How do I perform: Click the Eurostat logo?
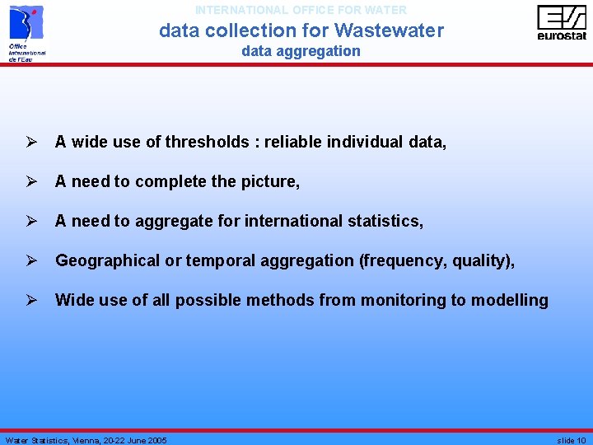click(562, 22)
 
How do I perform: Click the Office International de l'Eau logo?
click(26, 32)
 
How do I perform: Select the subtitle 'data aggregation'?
click(301, 51)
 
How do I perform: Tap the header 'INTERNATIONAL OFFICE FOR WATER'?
click(301, 11)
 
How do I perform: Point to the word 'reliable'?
click(292, 142)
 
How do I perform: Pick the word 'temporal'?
click(217, 260)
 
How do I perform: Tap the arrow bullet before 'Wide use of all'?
click(30, 300)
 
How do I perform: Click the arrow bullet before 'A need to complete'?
click(30, 181)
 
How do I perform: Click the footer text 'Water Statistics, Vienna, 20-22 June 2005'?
click(86, 440)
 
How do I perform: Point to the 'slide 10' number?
click(571, 440)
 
